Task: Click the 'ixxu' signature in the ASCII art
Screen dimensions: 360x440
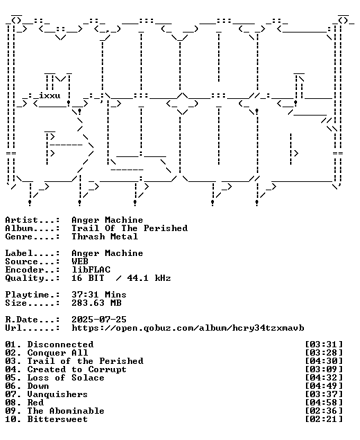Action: tap(50, 95)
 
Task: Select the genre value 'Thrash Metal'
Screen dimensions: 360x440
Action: tap(105, 237)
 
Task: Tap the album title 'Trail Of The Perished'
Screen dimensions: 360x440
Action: tap(129, 228)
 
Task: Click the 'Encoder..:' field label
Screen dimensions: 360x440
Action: tap(33, 270)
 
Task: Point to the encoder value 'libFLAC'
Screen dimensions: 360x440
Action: tap(91, 270)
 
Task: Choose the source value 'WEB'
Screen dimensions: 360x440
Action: tap(80, 262)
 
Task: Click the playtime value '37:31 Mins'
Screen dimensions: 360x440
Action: tap(99, 295)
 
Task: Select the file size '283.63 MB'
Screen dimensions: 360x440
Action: tap(96, 303)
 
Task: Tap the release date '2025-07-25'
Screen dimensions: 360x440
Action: tap(99, 320)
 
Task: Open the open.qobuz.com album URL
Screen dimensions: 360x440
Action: tap(188, 328)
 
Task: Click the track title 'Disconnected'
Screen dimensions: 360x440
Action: tap(60, 345)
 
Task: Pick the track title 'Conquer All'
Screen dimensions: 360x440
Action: tap(57, 353)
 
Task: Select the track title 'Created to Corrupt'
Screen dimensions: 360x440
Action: tap(77, 369)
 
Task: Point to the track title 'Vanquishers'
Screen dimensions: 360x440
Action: tap(57, 394)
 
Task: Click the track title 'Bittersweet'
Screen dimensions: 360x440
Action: tap(57, 419)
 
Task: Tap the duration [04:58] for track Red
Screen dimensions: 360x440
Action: tap(324, 403)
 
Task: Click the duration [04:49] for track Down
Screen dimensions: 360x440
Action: tap(324, 386)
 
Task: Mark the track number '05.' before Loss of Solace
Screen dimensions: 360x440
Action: tap(13, 378)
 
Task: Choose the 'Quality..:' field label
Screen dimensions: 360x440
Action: tap(33, 278)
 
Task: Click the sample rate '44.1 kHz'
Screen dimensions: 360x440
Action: tap(149, 278)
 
